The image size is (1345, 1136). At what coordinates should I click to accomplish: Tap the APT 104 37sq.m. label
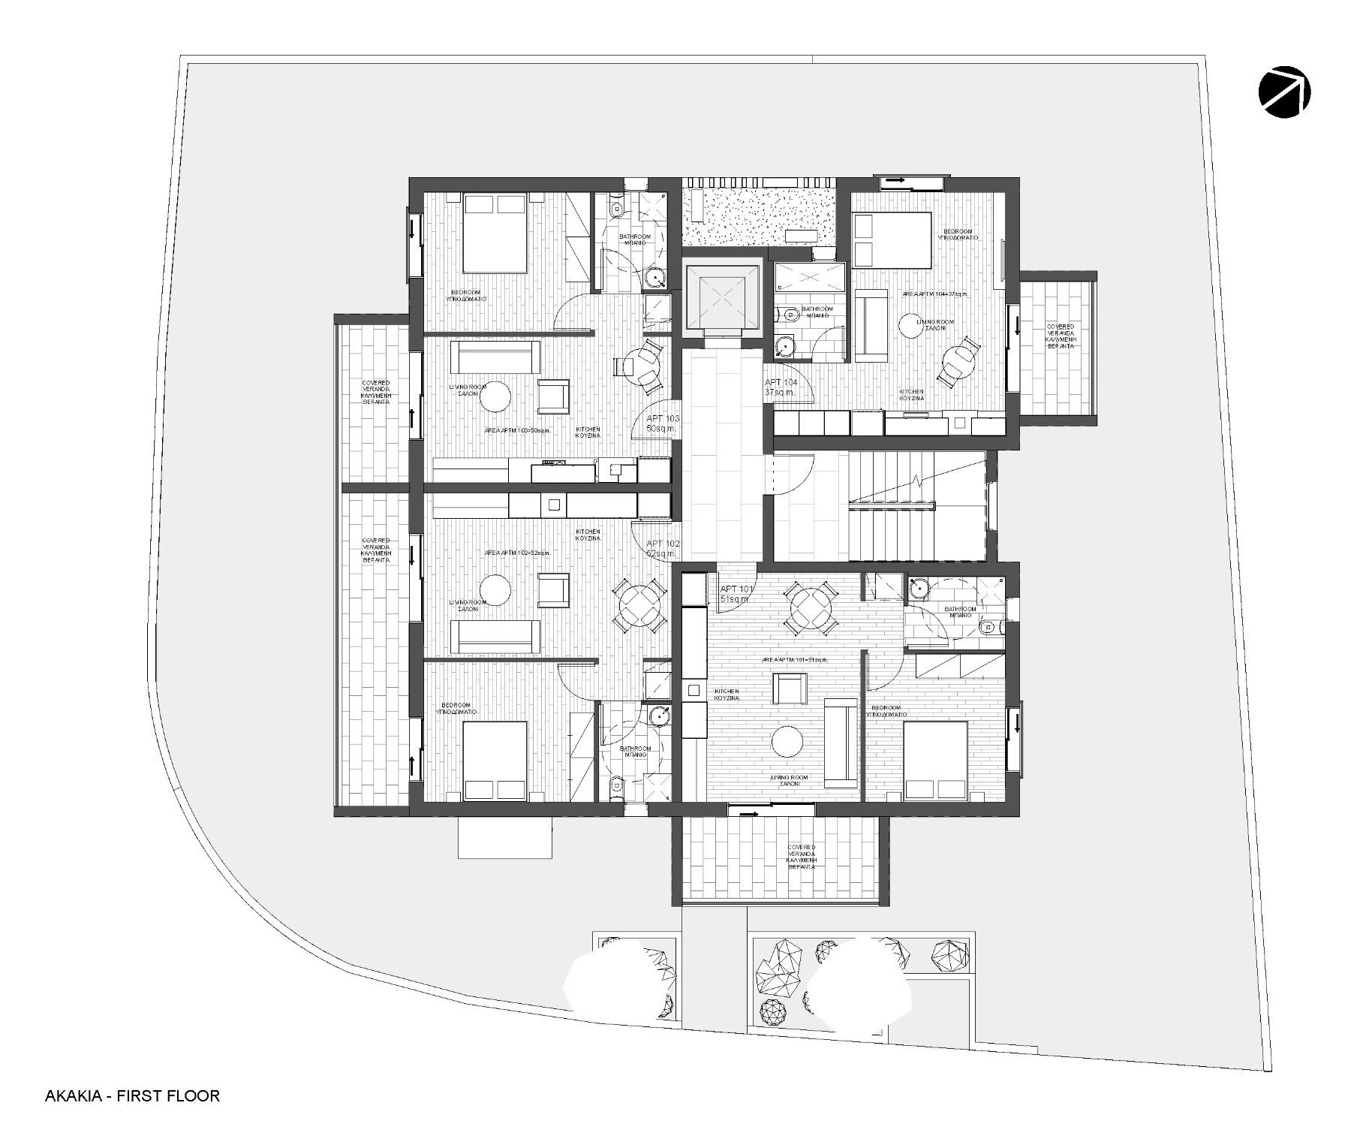pos(781,387)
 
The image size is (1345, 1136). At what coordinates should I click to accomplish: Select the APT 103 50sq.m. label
pos(662,423)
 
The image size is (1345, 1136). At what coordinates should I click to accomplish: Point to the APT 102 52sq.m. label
pos(663,548)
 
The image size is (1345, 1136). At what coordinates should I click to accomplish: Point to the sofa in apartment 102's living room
pos(495,636)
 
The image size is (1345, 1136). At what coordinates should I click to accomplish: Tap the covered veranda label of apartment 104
pos(1060,338)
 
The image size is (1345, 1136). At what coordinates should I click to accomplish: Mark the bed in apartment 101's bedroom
pos(935,760)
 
